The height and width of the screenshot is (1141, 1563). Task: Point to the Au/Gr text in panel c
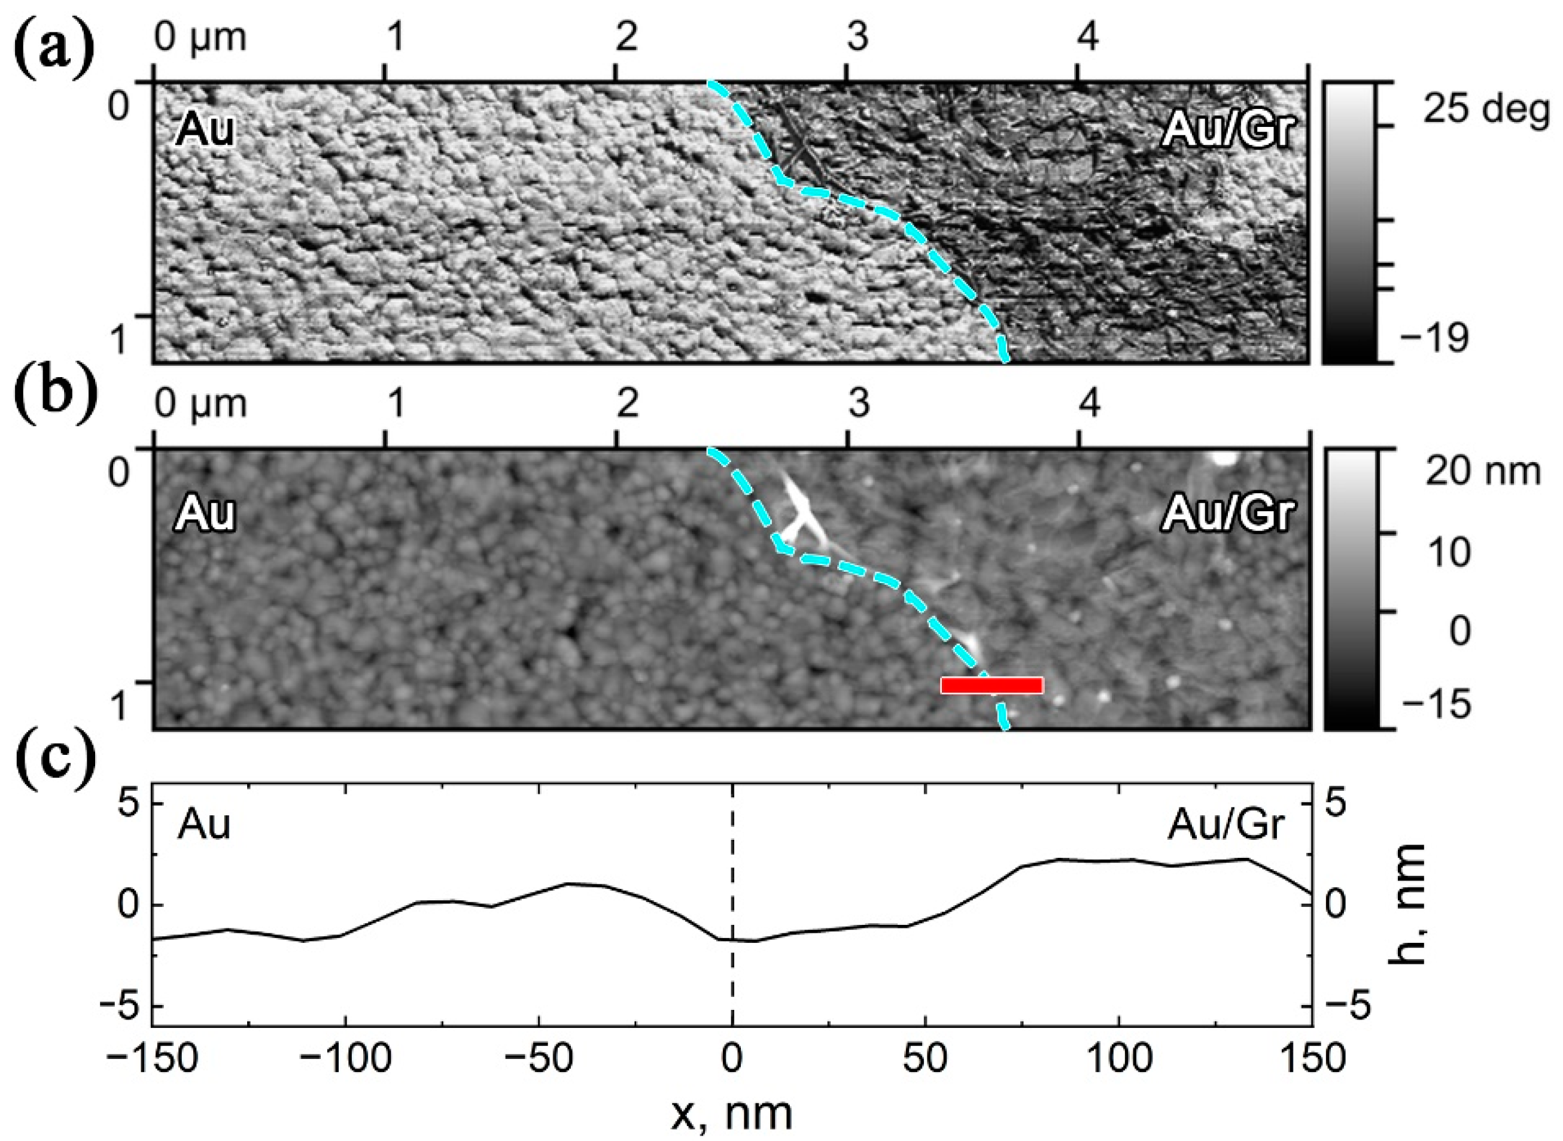click(1226, 826)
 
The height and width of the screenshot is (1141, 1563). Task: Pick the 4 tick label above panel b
click(1088, 404)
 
